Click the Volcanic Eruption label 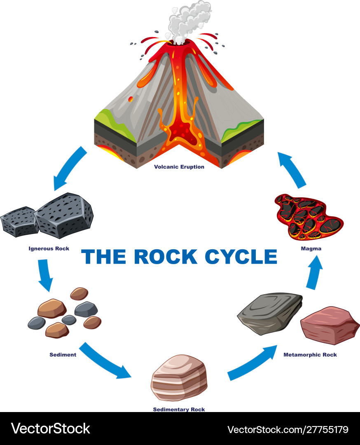click(179, 167)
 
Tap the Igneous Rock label click(49, 248)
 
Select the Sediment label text click(63, 354)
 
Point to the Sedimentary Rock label click(179, 409)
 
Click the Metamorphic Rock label click(310, 354)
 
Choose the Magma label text click(311, 248)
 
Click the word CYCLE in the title click(241, 256)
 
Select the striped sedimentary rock click(179, 378)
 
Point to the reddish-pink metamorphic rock click(330, 325)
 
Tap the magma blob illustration click(309, 216)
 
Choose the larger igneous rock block click(64, 214)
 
